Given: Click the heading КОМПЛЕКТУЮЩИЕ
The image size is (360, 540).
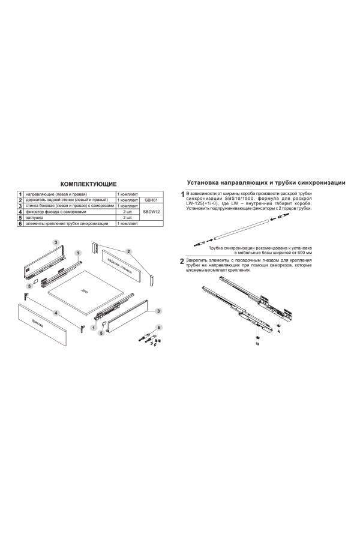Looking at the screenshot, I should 90,182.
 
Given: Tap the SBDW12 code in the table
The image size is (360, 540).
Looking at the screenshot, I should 151,211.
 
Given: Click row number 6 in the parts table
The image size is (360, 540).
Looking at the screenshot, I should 20,223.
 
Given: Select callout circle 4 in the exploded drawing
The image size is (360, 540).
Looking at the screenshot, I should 55,313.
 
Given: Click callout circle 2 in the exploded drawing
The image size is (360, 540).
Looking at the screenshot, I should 128,250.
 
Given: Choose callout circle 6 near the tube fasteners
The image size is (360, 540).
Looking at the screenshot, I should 159,326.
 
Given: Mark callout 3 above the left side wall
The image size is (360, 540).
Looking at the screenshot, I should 55,241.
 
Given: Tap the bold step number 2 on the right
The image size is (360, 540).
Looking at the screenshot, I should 182,262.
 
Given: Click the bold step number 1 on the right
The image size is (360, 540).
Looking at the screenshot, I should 182,194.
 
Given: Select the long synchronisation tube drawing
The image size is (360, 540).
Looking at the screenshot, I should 246,230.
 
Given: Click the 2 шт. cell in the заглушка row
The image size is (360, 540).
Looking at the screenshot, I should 127,217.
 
